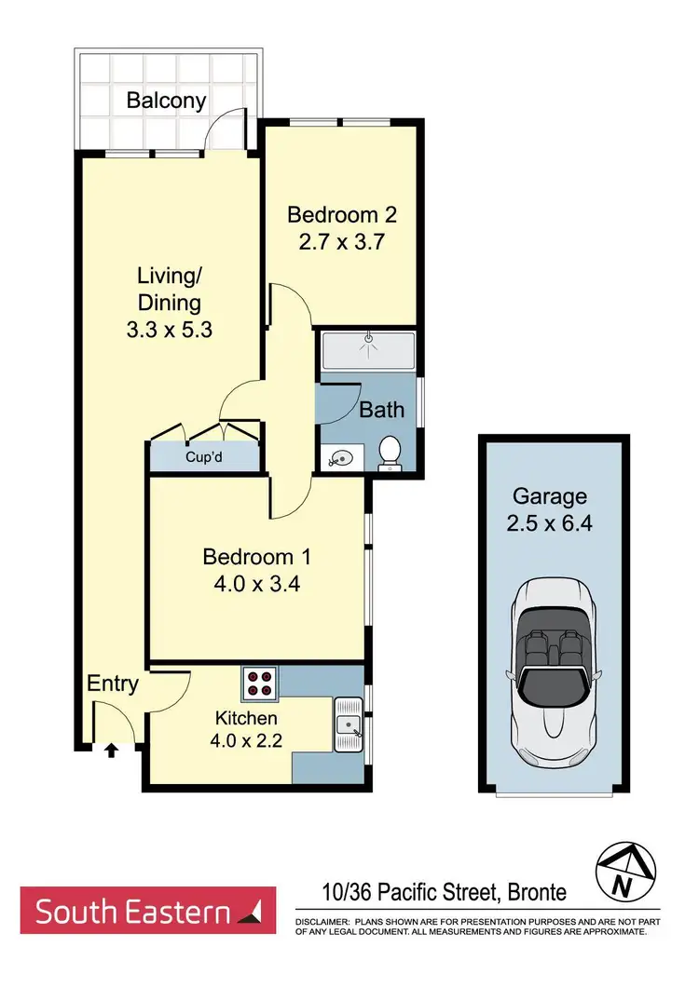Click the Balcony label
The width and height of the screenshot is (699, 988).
point(167,101)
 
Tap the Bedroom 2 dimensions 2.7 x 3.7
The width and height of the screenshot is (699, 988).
point(342,243)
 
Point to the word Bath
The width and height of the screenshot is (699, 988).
point(381,409)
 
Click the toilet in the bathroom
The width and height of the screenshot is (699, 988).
point(390,453)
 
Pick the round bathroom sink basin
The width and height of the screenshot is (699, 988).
point(338,457)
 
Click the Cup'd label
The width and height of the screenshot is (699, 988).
point(204,457)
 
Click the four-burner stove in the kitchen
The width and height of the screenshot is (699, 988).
point(261,684)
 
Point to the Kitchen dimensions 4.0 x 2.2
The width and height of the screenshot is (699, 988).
point(246,743)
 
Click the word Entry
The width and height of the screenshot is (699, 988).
point(113,684)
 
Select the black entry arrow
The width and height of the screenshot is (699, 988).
point(112,748)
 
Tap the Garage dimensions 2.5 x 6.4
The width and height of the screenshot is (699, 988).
point(549,522)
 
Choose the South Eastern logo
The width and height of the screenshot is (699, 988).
point(148,911)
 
